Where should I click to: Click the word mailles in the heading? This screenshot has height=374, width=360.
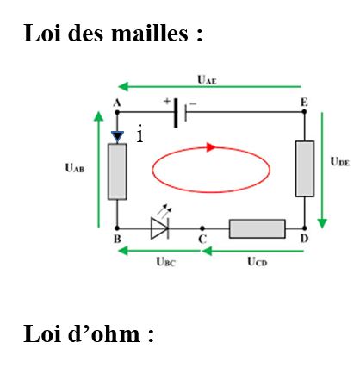coord(150,33)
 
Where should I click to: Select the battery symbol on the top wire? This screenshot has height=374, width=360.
coord(180,113)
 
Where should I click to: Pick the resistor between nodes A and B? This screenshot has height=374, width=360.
coord(117,171)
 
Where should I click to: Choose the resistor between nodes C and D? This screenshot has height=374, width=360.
coord(258,228)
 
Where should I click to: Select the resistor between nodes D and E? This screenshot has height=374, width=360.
coord(305,169)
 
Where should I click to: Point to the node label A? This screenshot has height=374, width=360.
coord(116,103)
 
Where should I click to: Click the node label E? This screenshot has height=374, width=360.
coord(304,103)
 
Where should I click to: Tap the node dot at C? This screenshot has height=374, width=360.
coord(202,228)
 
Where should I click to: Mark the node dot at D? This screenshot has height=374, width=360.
coord(305,228)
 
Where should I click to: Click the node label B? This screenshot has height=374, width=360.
coord(117,239)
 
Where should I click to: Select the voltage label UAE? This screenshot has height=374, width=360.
coord(207,79)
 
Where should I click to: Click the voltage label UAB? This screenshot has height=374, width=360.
coord(75,168)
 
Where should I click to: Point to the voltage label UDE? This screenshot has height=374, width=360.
coord(340,161)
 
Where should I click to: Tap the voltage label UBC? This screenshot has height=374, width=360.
coord(165,262)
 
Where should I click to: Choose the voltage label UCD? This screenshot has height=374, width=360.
coord(258,262)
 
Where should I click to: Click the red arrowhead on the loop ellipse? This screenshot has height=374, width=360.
coord(211,147)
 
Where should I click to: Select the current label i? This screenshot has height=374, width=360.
coord(140,134)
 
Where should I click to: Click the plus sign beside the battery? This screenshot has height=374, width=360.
coord(167,101)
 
